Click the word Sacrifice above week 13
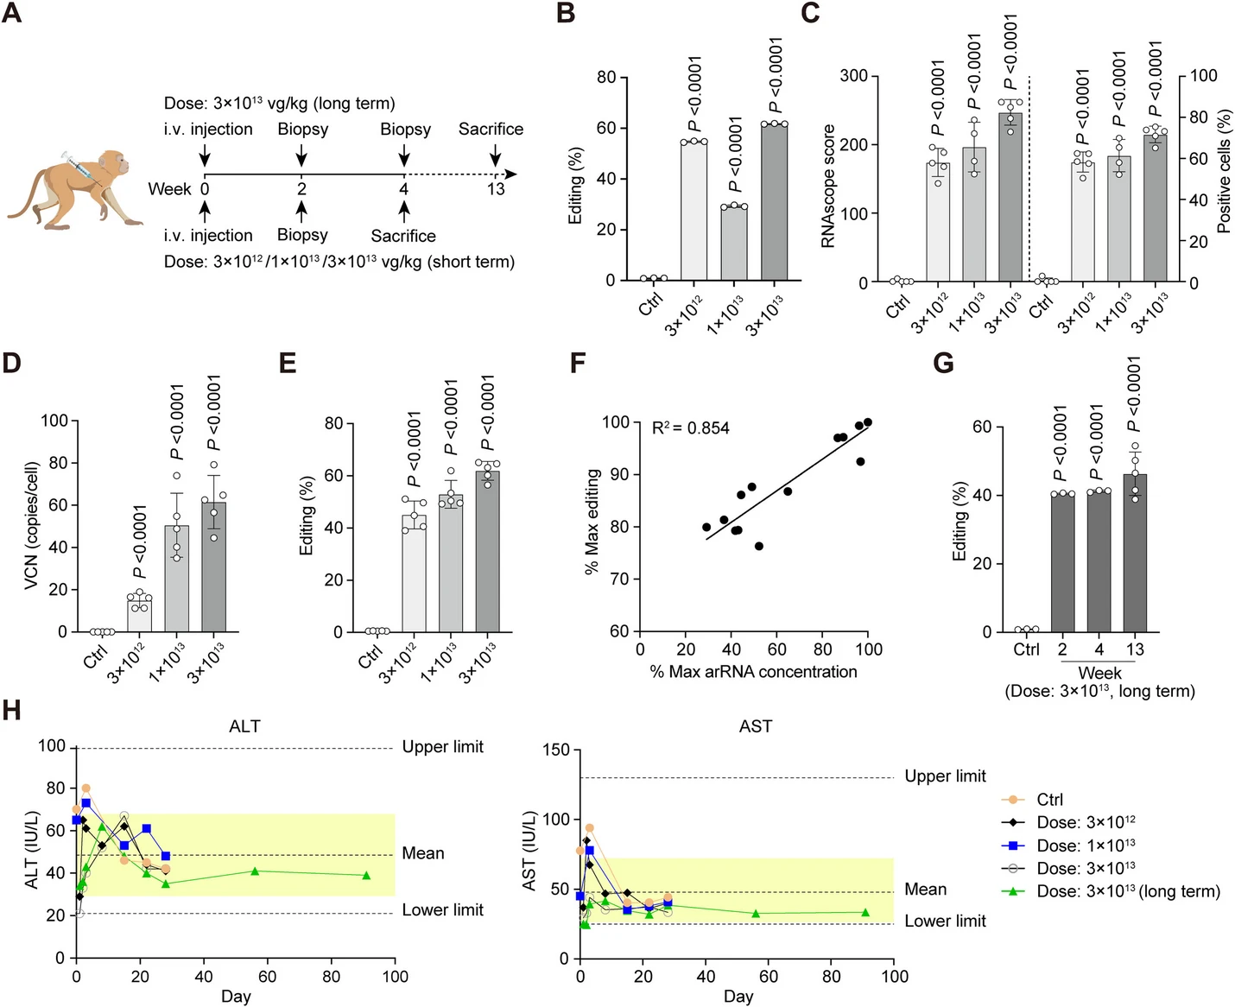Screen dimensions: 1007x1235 coord(491,129)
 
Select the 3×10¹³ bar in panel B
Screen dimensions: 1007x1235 coord(775,202)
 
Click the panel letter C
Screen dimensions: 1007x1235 coord(810,14)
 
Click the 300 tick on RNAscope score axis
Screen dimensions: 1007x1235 coord(854,76)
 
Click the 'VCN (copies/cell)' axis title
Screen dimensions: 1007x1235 coord(32,526)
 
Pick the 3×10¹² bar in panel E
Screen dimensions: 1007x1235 coord(415,573)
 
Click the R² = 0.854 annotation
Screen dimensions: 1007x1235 coord(691,427)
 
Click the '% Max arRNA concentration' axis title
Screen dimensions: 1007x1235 coord(753,672)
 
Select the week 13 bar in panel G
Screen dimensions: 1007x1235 coord(1135,553)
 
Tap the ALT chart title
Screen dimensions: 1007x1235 coord(244,726)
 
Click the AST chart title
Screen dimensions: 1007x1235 coord(756,726)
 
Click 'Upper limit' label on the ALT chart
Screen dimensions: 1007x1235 coord(442,747)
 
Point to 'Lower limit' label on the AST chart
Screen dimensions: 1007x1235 coord(945,921)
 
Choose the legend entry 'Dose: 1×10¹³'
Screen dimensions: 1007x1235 coord(1086,845)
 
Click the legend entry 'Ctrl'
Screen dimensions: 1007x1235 coord(1050,800)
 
